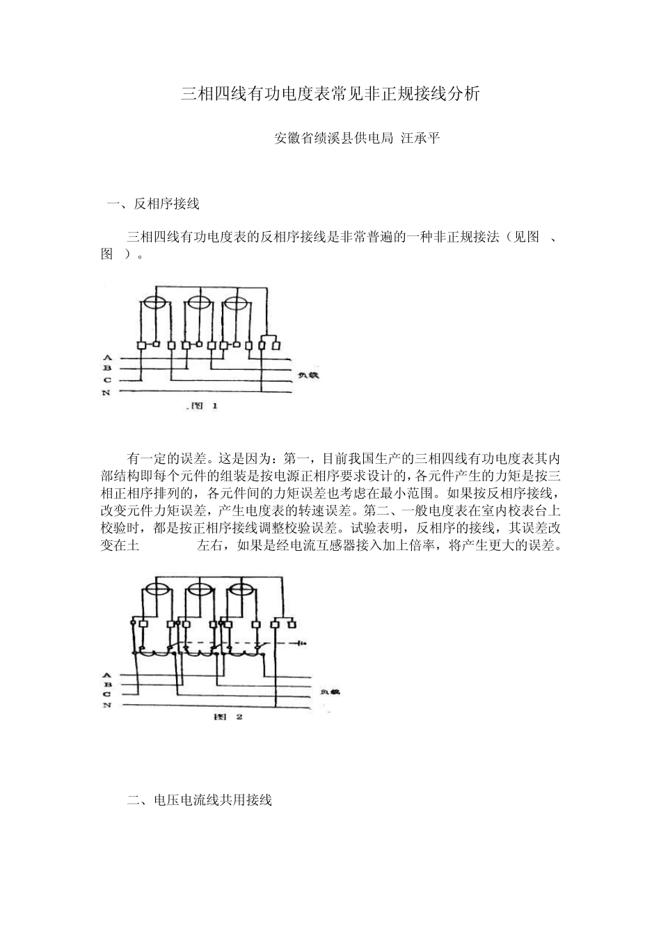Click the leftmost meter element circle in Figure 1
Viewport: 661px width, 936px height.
click(154, 304)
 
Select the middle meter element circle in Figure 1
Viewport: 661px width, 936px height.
click(200, 304)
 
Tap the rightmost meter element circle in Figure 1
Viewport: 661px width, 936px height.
click(237, 304)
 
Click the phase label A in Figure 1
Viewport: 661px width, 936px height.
click(107, 358)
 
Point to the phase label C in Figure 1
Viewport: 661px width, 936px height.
click(107, 380)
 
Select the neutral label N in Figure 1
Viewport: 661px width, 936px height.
click(107, 393)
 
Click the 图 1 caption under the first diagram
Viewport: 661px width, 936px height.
click(203, 406)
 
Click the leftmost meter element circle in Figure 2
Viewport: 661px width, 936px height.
click(156, 589)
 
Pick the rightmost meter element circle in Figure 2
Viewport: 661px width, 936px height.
click(239, 589)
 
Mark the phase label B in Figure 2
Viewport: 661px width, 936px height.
click(107, 685)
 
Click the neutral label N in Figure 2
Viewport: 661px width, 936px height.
click(107, 705)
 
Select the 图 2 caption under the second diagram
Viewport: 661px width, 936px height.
click(228, 717)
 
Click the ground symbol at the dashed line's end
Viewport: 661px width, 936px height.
click(302, 642)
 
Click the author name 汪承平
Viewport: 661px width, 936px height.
click(421, 138)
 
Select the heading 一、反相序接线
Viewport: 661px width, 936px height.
click(154, 204)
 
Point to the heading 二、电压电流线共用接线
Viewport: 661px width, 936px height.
click(200, 800)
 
